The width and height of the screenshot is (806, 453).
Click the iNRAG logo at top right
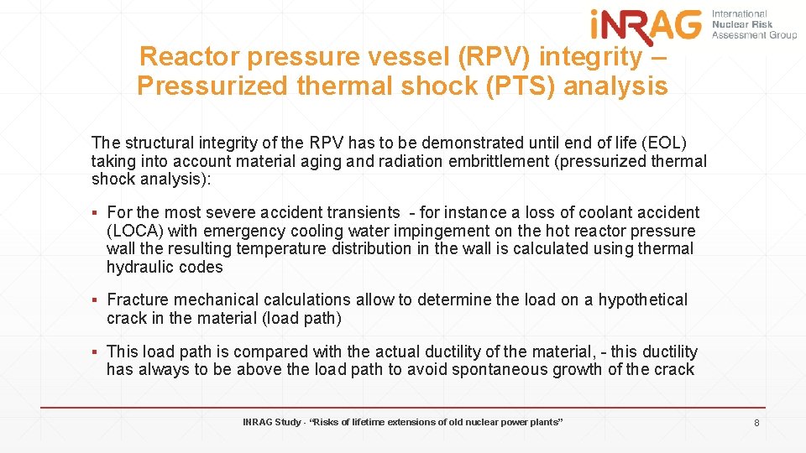pyautogui.click(x=646, y=24)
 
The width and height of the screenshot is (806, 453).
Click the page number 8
pyautogui.click(x=756, y=424)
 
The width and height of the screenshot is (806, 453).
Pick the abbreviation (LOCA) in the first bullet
pyautogui.click(x=136, y=231)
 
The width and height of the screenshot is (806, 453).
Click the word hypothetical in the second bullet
pyautogui.click(x=642, y=299)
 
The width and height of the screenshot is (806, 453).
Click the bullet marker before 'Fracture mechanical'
pyautogui.click(x=97, y=300)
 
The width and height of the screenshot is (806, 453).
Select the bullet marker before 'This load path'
pyautogui.click(x=97, y=352)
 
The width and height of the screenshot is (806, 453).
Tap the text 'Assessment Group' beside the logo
pyautogui.click(x=754, y=35)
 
